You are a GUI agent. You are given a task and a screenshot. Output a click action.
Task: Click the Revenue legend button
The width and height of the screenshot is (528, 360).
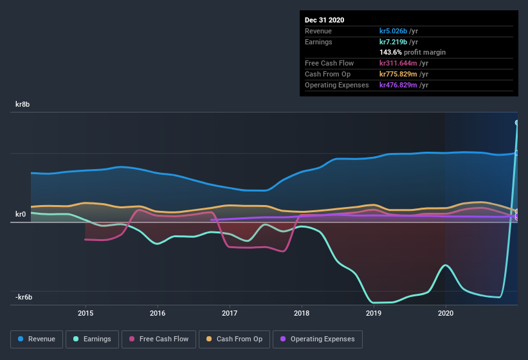coord(37,339)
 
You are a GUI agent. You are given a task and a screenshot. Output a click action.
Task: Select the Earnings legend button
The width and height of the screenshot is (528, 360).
coord(93,339)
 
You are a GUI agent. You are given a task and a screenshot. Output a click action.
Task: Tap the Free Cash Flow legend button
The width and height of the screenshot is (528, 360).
coord(159,339)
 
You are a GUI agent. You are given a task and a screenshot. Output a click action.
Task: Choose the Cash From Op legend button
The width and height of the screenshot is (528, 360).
coord(234,339)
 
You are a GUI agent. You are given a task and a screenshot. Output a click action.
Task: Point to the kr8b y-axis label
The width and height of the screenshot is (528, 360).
coord(25,104)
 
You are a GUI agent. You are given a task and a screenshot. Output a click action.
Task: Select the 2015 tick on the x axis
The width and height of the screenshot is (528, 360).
coord(86,314)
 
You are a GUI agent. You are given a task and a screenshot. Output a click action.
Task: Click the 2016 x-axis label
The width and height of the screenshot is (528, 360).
coord(158,314)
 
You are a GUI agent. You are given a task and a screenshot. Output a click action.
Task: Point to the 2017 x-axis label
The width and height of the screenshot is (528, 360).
coord(230,314)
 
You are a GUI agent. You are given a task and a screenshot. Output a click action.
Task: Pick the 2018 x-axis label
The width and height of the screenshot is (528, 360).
coord(302,314)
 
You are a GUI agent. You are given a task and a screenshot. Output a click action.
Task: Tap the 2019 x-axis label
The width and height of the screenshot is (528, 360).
coord(374,314)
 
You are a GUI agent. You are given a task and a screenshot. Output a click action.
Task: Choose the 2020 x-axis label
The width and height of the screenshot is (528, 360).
coord(446,314)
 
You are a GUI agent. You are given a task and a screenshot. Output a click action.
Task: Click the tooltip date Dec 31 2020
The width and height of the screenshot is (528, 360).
coord(325,20)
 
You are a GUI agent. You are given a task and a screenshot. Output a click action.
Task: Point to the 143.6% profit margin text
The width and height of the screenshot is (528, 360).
coord(412,52)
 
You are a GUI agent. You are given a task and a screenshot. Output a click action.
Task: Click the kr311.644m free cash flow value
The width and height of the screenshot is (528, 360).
coord(404,63)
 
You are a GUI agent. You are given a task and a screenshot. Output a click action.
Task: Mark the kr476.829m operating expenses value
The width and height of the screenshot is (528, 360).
coord(404,85)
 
